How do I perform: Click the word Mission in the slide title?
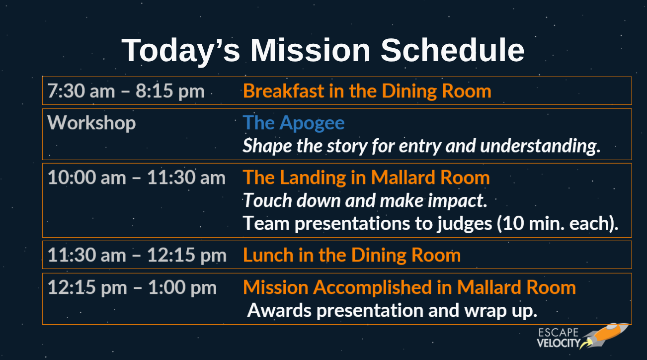coord(310,50)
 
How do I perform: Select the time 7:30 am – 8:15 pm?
coord(126,91)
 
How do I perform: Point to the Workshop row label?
coord(91,123)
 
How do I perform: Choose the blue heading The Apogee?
coord(294,123)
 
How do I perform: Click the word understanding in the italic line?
coord(540,146)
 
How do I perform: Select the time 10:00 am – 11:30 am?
coord(136,178)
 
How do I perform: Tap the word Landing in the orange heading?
coord(313,178)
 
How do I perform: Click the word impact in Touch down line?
coord(458,201)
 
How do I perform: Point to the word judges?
coord(464,224)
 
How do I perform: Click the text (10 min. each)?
coord(558,223)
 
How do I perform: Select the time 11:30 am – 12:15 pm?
coord(137,256)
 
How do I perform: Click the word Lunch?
coord(268,255)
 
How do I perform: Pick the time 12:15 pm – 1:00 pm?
coord(132,288)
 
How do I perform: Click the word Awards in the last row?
coord(279,311)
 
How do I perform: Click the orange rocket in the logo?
coord(605,336)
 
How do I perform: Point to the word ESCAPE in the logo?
coord(559,333)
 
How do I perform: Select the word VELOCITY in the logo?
coord(559,343)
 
